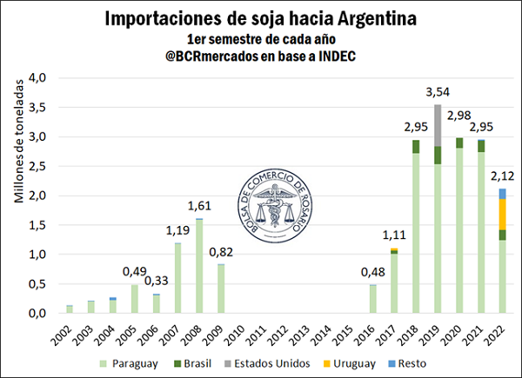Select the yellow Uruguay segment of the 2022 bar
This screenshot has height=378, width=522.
click(503, 214)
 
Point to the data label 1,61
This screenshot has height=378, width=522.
click(201, 206)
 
